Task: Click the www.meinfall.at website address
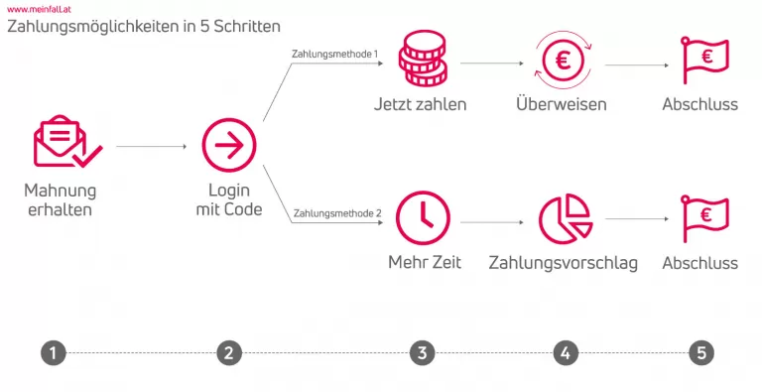[38, 7]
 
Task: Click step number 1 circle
[54, 352]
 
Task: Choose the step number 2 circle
[229, 352]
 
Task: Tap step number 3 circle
[422, 352]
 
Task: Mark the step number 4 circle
[565, 352]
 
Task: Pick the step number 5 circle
[700, 352]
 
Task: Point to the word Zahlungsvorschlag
[563, 263]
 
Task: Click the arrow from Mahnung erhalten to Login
[151, 147]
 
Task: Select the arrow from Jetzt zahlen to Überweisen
[491, 63]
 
